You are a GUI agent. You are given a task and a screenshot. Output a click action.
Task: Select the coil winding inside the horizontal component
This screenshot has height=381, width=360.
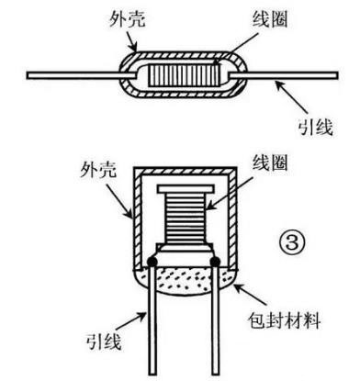point(188,73)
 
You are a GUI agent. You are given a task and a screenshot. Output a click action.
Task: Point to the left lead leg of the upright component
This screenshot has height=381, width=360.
point(148,331)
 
